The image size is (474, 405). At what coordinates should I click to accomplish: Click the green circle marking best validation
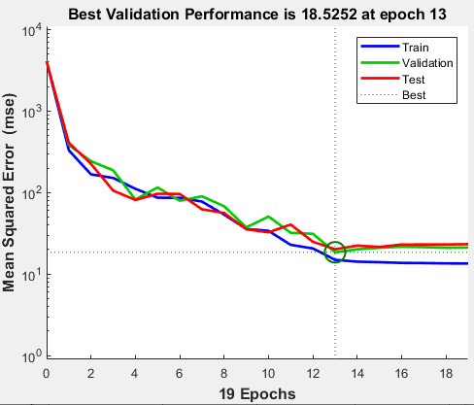[335, 253]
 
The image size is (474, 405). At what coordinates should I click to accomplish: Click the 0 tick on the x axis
[46, 372]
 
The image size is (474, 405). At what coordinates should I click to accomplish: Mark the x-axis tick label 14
[357, 372]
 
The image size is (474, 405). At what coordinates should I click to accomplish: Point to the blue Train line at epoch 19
[467, 263]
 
